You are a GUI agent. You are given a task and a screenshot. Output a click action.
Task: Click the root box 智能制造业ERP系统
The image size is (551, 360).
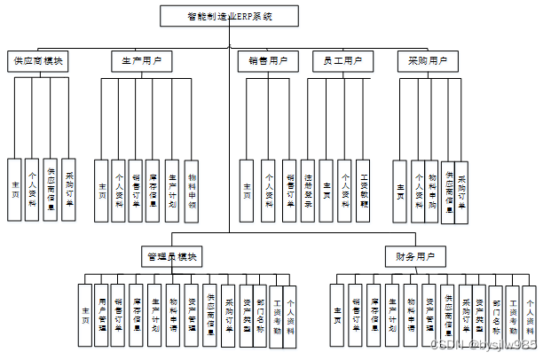pyautogui.click(x=230, y=17)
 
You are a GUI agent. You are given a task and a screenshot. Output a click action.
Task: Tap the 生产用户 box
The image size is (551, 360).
pyautogui.click(x=142, y=61)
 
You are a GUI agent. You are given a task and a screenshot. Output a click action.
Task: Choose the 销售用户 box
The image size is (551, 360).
pyautogui.click(x=267, y=61)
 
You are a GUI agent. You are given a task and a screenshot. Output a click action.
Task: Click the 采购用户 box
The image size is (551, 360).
pyautogui.click(x=427, y=61)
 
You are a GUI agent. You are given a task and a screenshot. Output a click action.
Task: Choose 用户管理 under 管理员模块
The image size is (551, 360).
pyautogui.click(x=103, y=314)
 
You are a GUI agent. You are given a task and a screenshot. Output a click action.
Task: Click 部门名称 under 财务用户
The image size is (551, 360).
pyautogui.click(x=495, y=314)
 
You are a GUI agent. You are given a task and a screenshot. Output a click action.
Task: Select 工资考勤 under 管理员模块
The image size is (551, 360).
pyautogui.click(x=277, y=314)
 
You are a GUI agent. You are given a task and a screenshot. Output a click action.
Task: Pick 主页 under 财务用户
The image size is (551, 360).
pyautogui.click(x=337, y=314)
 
